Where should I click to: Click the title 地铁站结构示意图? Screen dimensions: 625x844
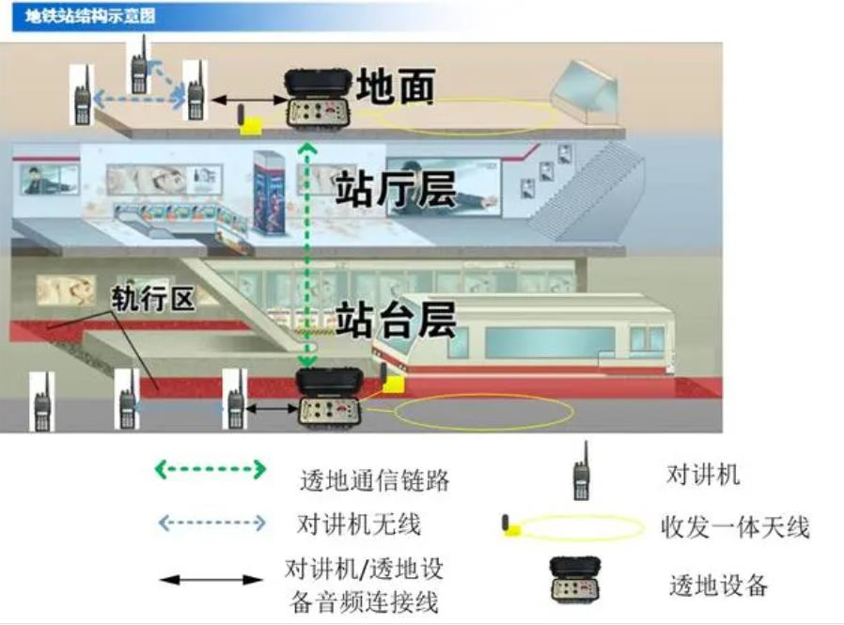(90, 16)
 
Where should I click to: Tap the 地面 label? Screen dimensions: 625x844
(396, 87)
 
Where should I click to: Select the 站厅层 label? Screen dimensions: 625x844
(396, 188)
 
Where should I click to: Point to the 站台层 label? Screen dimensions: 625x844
(396, 319)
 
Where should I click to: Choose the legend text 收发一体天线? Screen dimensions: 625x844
(734, 527)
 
